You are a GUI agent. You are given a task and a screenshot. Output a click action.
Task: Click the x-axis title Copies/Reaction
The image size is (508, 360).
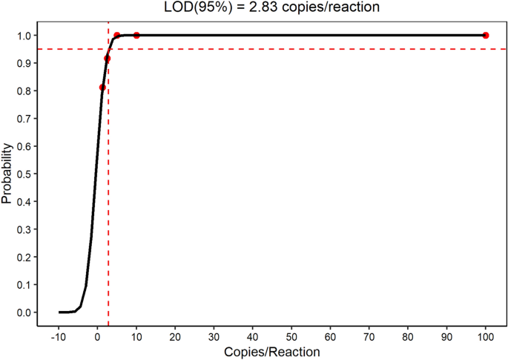(271, 351)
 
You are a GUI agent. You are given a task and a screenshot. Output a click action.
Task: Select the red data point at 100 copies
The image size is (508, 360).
(486, 36)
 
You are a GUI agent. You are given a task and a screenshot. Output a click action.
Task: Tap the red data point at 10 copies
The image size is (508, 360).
(136, 36)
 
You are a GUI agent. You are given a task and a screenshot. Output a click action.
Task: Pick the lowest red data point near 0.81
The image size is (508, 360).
(102, 88)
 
